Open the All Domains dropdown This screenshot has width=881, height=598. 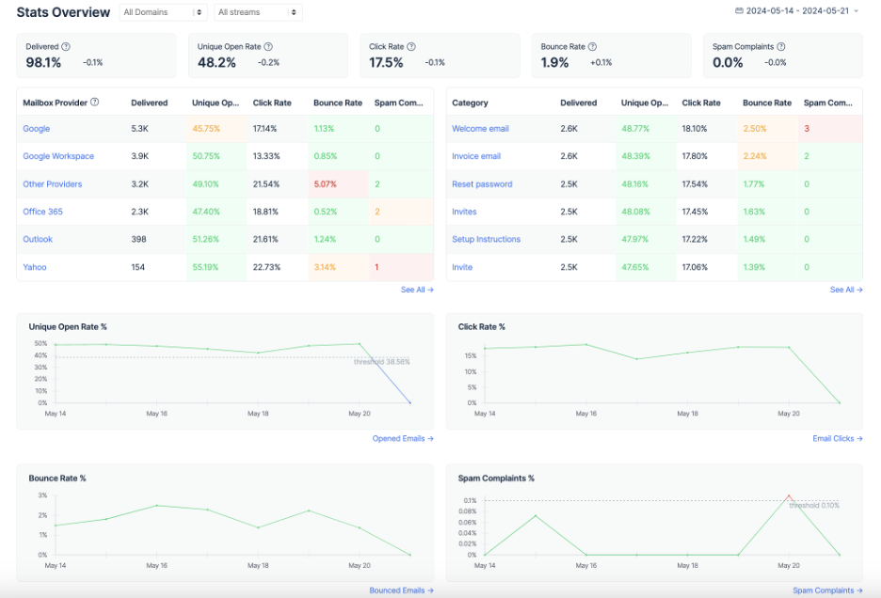point(164,12)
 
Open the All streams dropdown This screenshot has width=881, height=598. point(257,12)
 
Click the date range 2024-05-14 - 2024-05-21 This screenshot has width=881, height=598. point(797,11)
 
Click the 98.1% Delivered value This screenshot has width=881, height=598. point(43,62)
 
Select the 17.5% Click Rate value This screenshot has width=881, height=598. point(386,62)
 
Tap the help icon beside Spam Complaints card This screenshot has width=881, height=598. point(781,46)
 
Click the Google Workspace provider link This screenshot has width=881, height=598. point(58,156)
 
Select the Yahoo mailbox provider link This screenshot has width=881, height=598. point(35,267)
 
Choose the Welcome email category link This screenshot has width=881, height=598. point(480,129)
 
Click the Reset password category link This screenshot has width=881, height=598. point(482,184)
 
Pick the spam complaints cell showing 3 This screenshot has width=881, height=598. point(807,129)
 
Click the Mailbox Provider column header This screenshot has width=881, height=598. point(55,102)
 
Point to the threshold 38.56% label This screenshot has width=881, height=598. point(381,362)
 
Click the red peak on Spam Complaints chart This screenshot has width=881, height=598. point(788,496)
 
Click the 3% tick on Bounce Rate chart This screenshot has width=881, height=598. point(42,495)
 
